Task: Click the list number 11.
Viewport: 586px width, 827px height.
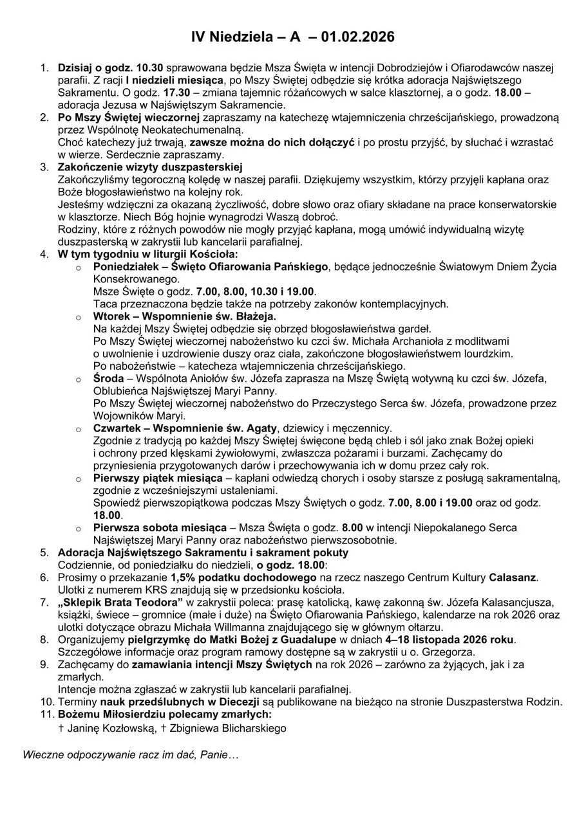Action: click(46, 714)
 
